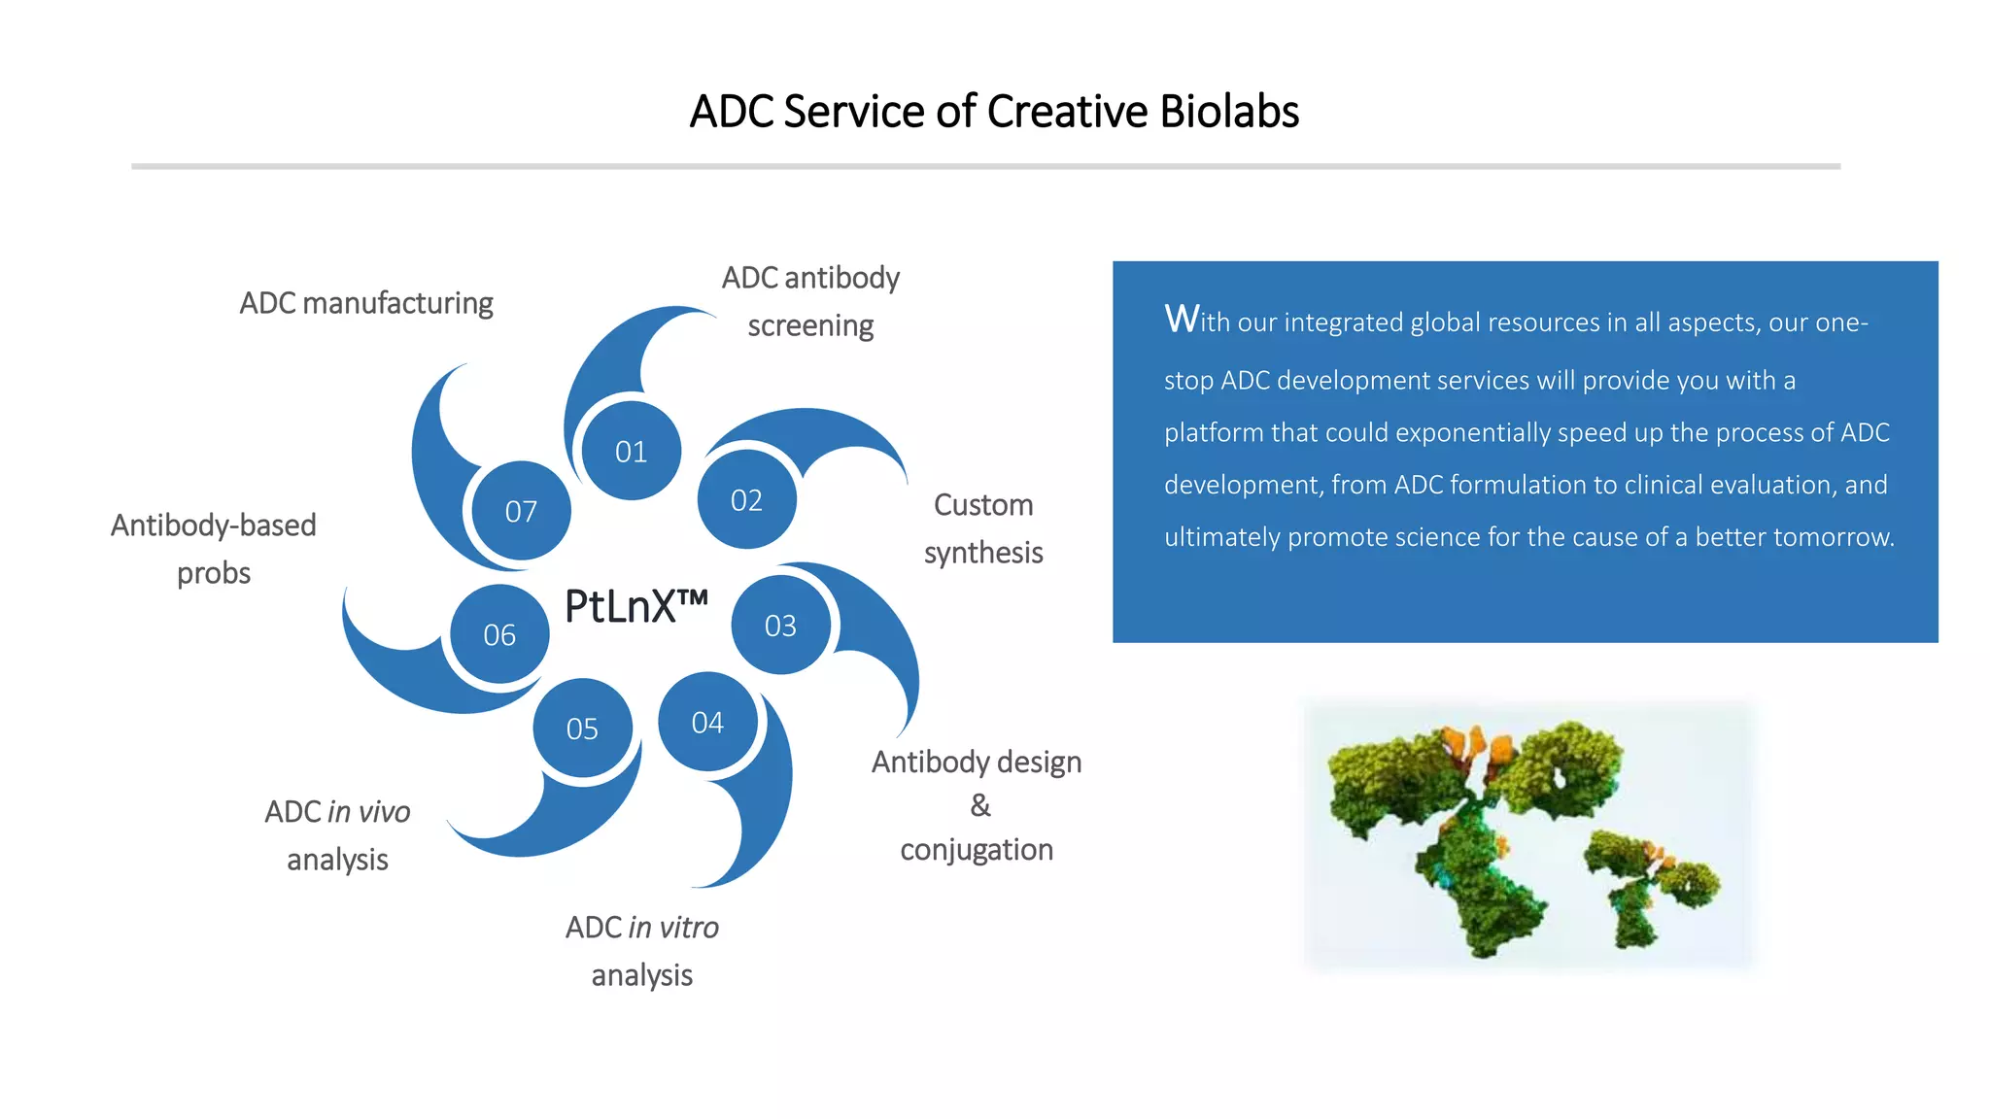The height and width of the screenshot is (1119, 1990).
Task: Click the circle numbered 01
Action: [x=631, y=452]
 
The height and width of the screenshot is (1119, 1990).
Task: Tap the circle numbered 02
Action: [x=746, y=500]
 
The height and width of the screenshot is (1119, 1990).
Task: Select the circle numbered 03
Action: [x=780, y=626]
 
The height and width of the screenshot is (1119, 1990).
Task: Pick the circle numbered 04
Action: [x=707, y=723]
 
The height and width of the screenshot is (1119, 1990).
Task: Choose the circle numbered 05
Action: [x=582, y=729]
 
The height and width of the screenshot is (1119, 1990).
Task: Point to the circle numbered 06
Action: [x=499, y=635]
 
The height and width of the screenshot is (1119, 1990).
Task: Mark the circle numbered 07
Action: [x=521, y=511]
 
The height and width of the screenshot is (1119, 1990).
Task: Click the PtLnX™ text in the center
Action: [x=635, y=607]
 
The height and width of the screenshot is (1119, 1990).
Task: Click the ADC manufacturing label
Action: [x=366, y=303]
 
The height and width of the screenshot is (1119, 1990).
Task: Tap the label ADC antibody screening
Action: [x=810, y=301]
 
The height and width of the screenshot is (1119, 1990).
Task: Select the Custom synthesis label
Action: [x=983, y=528]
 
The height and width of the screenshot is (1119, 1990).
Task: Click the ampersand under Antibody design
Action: [x=980, y=805]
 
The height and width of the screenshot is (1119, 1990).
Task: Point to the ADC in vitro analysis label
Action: [x=642, y=951]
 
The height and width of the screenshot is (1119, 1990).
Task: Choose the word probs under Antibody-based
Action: [x=214, y=573]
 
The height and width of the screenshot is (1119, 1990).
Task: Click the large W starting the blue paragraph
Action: [x=1182, y=319]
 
